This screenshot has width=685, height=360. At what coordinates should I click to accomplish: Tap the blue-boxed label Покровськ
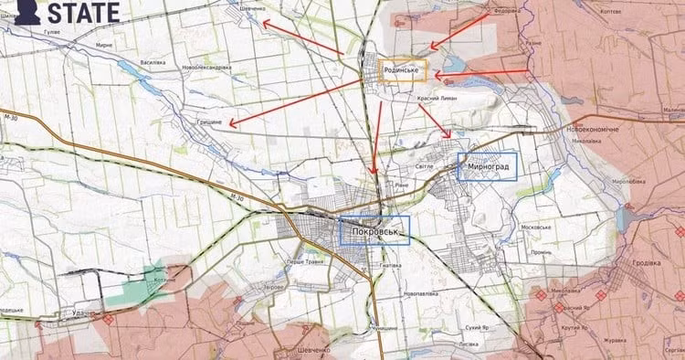pos(374,230)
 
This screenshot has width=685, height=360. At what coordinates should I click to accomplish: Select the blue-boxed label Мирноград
pos(487,165)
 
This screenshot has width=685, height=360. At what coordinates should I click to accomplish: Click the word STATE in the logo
pos(82,12)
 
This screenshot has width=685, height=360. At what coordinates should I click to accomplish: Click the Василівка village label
pos(152,62)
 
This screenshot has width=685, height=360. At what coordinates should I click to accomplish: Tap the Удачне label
pos(85,312)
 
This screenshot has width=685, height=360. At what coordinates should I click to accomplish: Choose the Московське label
pos(532,228)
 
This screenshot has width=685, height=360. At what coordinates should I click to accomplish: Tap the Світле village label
pos(424,167)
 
